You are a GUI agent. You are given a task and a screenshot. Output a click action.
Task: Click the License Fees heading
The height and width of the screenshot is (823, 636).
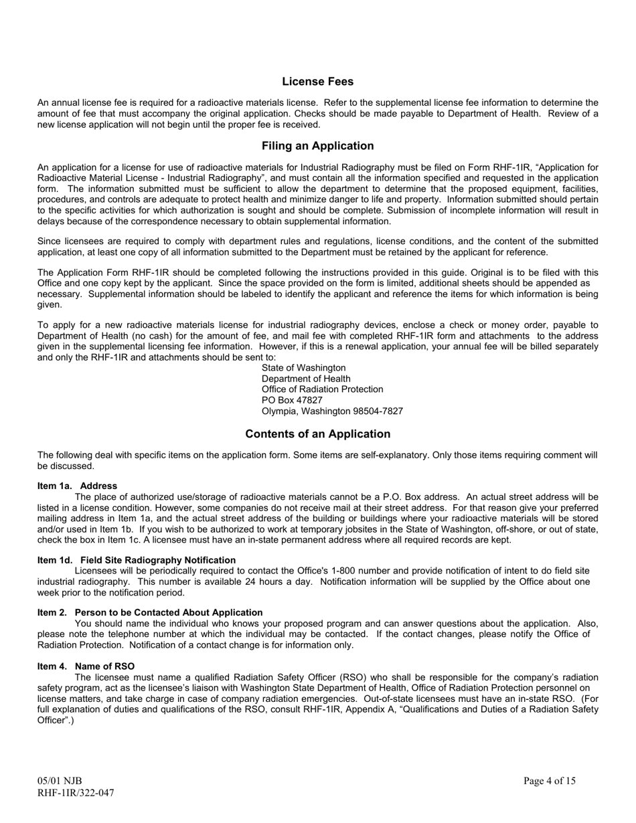pyautogui.click(x=317, y=82)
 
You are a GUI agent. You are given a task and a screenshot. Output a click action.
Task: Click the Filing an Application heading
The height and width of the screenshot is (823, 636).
pyautogui.click(x=317, y=146)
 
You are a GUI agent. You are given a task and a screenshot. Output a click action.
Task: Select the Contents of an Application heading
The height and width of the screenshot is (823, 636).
pyautogui.click(x=317, y=434)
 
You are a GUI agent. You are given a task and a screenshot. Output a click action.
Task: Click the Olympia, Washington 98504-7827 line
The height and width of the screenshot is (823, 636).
pyautogui.click(x=332, y=411)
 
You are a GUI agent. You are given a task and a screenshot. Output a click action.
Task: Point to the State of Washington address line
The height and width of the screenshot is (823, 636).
pyautogui.click(x=304, y=368)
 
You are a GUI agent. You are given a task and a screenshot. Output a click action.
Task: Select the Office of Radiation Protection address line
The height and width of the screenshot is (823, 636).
pyautogui.click(x=322, y=389)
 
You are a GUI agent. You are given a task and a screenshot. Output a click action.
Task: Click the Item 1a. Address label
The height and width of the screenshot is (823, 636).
pyautogui.click(x=77, y=486)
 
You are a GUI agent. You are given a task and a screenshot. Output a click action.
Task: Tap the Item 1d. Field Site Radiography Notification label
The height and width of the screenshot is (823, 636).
pyautogui.click(x=137, y=560)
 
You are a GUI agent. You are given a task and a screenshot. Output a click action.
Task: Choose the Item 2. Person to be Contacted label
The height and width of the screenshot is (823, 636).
pyautogui.click(x=150, y=612)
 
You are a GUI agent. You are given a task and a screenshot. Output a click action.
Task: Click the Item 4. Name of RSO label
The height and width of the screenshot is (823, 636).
pyautogui.click(x=86, y=666)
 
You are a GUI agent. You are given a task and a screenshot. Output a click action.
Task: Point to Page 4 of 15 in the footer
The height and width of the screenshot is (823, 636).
pyautogui.click(x=549, y=781)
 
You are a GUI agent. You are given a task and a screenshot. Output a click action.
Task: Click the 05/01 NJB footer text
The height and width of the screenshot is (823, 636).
pyautogui.click(x=60, y=781)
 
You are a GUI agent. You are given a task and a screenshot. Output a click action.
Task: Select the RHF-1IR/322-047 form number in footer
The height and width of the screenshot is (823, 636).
pyautogui.click(x=76, y=793)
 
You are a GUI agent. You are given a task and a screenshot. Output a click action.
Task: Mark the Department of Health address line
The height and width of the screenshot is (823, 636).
pyautogui.click(x=306, y=379)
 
